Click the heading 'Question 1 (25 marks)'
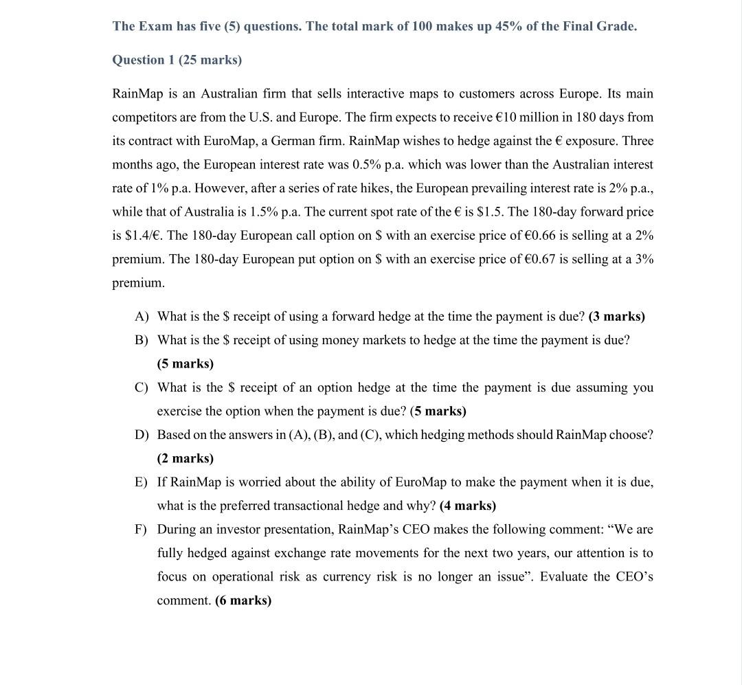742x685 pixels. pyautogui.click(x=177, y=60)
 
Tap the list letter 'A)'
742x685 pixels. pyautogui.click(x=142, y=317)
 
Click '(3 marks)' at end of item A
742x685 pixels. pyautogui.click(x=616, y=317)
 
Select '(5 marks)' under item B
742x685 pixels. pyautogui.click(x=185, y=363)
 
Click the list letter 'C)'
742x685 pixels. pyautogui.click(x=142, y=388)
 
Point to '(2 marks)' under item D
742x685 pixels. pyautogui.click(x=185, y=458)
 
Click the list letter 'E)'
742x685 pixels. pyautogui.click(x=142, y=482)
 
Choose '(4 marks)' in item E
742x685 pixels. pyautogui.click(x=467, y=506)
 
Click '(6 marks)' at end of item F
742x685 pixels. pyautogui.click(x=243, y=600)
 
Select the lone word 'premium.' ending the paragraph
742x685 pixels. pyautogui.click(x=138, y=283)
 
